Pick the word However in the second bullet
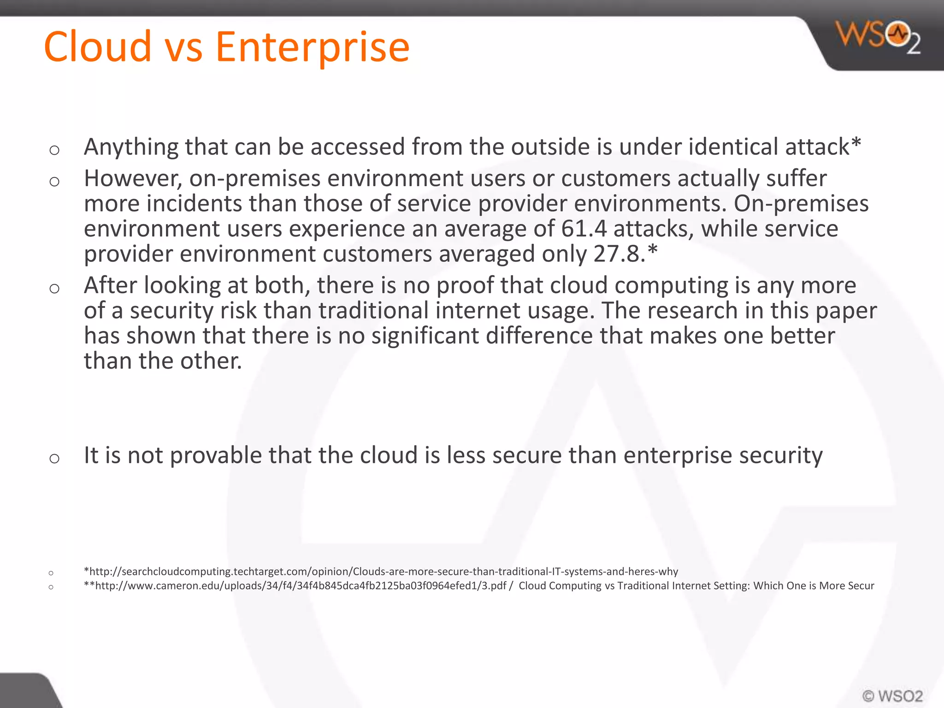point(133,179)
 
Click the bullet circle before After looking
point(54,289)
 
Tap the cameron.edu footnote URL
point(300,586)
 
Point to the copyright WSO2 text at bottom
point(892,696)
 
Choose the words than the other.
point(163,361)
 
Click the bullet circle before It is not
point(54,458)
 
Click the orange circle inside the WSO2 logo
point(898,35)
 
